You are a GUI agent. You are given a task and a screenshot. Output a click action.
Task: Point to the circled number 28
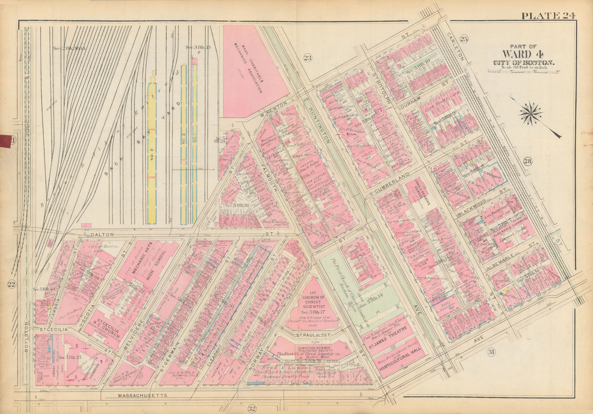click(528, 161)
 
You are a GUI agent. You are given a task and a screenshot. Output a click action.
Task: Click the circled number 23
click(308, 57)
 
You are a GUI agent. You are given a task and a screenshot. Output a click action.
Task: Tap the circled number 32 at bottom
click(252, 409)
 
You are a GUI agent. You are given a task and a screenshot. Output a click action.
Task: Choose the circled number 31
click(491, 352)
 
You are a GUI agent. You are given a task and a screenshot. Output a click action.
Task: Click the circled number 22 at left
click(11, 284)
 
